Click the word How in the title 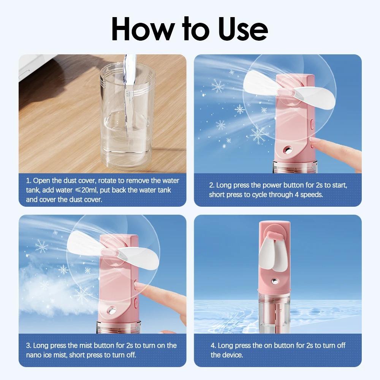[x=142, y=28]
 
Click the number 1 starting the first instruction [x=28, y=180]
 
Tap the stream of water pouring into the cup [x=129, y=87]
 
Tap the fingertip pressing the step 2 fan [x=315, y=144]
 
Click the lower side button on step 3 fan [x=136, y=303]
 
